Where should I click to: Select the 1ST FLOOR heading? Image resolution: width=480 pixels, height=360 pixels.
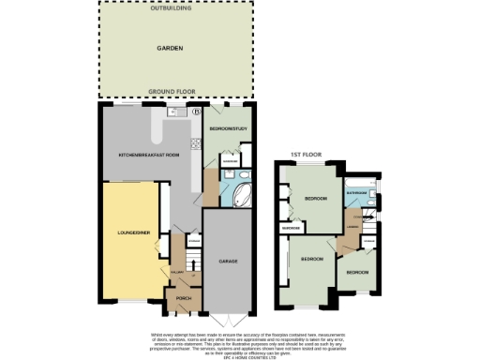click(x=304, y=154)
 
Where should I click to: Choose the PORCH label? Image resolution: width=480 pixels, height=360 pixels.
click(x=178, y=300)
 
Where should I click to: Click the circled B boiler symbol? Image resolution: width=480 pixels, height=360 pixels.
click(x=197, y=112)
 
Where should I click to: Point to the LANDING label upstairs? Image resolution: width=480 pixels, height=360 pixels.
click(x=352, y=226)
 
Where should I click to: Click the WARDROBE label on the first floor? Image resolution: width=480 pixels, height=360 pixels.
click(x=290, y=228)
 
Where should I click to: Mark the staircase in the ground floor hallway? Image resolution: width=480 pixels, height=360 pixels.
click(x=178, y=255)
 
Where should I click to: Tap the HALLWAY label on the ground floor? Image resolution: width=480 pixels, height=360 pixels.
click(x=175, y=274)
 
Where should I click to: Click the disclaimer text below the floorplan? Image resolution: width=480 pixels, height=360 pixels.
click(x=239, y=341)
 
